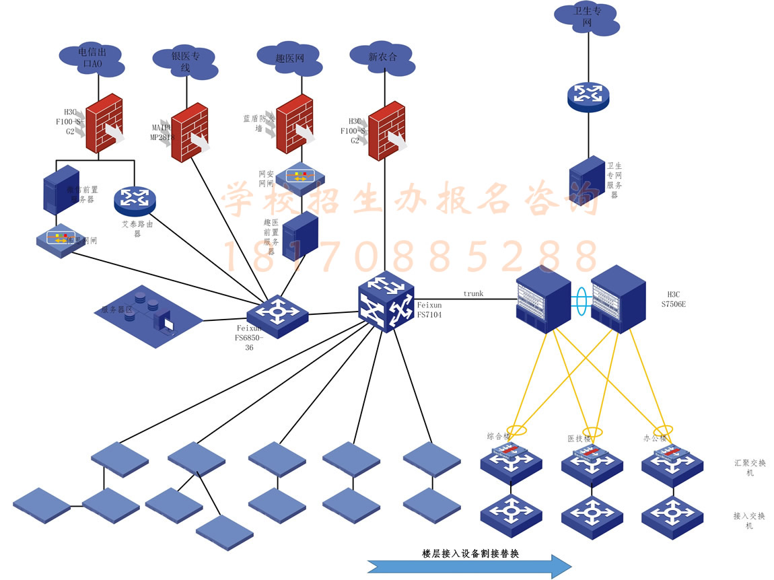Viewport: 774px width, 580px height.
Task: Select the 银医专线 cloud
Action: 184,62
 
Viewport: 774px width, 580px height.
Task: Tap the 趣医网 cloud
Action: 290,59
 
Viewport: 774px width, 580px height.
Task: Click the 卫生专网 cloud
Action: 586,18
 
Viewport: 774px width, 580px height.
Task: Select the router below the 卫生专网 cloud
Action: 588,96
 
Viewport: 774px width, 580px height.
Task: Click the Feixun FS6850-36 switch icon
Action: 277,314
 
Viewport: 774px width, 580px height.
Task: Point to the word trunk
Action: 473,293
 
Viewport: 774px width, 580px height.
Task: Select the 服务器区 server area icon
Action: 147,316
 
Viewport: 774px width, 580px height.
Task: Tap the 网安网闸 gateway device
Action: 300,177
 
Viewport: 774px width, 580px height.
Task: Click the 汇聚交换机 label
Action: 749,468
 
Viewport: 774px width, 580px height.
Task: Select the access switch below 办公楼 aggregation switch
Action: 672,517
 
